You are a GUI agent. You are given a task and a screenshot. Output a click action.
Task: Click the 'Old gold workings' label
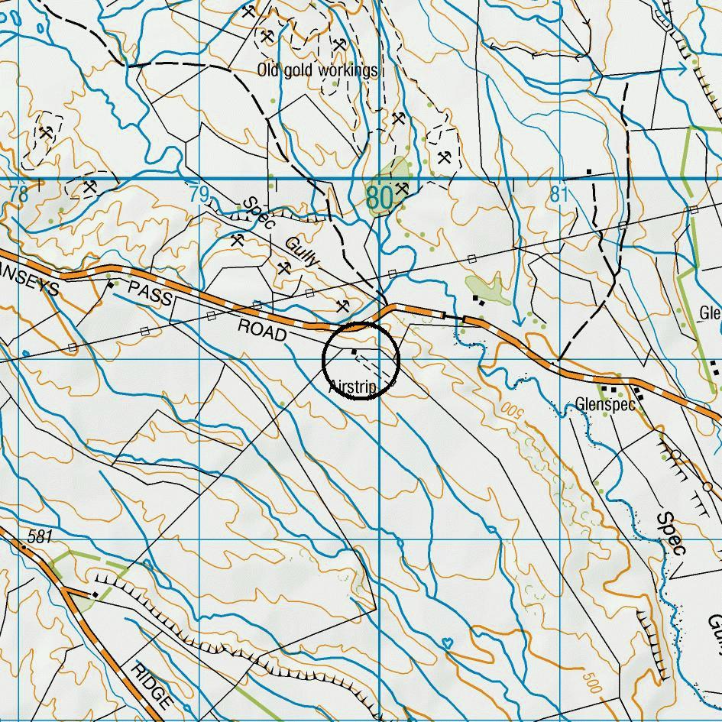point(317,71)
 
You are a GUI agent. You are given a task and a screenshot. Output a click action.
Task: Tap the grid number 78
point(18,195)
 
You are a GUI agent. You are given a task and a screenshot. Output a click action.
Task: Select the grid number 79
point(199,195)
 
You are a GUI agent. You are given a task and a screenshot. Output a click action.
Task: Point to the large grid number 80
point(380,198)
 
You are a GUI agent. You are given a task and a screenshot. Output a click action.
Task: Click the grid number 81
point(559,195)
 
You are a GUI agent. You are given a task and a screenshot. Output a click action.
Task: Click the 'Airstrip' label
point(352,388)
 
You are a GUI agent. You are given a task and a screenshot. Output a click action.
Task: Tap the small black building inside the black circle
point(354,351)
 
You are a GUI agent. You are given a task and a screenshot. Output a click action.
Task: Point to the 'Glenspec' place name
point(606,405)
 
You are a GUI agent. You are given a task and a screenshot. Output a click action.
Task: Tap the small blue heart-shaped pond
point(448,643)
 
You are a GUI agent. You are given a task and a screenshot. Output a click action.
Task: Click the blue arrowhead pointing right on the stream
point(682,70)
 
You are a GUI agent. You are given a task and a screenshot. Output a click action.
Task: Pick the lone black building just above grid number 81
point(589,171)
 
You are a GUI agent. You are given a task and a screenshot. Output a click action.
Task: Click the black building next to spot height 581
point(94,594)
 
